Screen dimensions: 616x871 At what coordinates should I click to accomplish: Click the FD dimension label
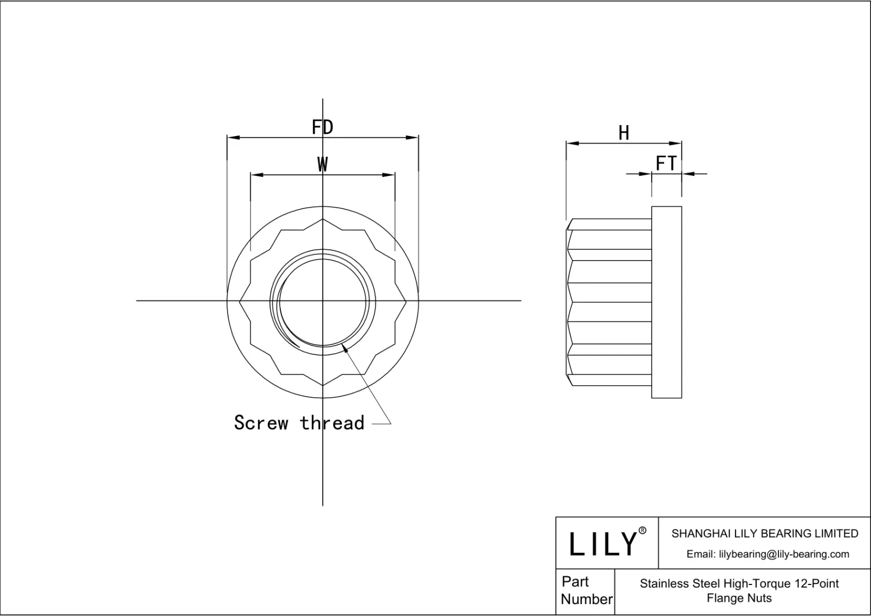[322, 127]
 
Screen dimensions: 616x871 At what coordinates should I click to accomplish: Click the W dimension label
[322, 164]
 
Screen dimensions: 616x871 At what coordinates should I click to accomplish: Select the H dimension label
[624, 133]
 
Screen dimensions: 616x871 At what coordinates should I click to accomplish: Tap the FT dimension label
[666, 163]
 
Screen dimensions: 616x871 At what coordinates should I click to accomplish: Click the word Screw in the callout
[261, 423]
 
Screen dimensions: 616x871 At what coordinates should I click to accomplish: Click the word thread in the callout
[332, 423]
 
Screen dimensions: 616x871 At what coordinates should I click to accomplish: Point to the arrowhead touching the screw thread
[345, 349]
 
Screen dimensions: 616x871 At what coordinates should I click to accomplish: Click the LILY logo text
[603, 544]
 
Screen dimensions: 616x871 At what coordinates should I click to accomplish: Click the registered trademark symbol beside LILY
[642, 531]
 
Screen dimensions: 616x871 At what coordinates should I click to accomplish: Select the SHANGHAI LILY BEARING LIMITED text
[764, 534]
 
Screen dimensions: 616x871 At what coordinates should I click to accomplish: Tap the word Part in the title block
[575, 581]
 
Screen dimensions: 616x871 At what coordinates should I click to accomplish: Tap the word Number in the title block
[586, 599]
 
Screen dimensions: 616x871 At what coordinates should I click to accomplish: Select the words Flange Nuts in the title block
[739, 598]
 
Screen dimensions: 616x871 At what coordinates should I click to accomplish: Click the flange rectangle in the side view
[666, 302]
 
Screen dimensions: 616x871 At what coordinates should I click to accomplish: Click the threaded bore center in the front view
[323, 300]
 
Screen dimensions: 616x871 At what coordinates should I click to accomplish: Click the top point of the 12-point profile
[323, 219]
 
